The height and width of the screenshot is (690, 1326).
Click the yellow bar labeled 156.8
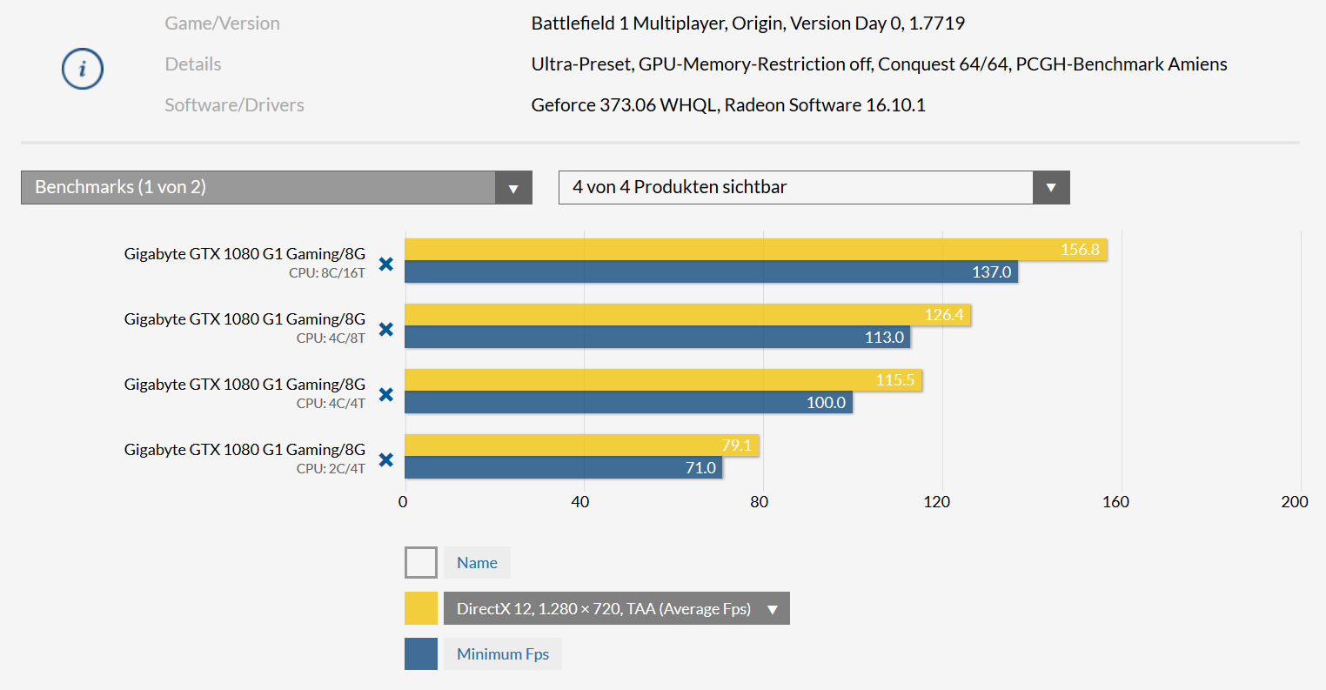tap(755, 250)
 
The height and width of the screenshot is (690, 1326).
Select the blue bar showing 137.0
tap(711, 271)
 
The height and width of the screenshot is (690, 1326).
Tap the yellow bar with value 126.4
tap(687, 315)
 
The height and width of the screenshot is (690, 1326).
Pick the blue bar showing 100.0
tap(628, 402)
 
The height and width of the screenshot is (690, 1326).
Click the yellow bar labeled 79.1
tap(581, 445)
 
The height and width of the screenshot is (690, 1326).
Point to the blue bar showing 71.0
tap(563, 467)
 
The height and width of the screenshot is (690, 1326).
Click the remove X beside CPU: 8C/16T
tap(386, 264)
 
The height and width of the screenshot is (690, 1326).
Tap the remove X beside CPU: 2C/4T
tap(386, 459)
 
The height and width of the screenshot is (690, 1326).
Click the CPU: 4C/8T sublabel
tap(331, 338)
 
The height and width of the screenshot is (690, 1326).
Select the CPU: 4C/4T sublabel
tap(331, 403)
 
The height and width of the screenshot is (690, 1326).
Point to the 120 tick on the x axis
tap(936, 501)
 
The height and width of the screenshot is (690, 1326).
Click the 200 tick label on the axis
tap(1294, 501)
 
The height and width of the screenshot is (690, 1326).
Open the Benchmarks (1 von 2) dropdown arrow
tap(513, 188)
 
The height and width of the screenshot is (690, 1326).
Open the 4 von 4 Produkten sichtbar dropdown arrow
tap(1051, 188)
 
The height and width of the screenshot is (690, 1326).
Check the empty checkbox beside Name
tap(421, 563)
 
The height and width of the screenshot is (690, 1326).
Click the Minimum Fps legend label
tap(503, 654)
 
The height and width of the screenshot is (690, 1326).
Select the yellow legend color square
tap(421, 608)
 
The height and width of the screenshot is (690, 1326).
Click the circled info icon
tap(83, 69)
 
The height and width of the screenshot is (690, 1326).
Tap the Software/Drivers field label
tap(235, 105)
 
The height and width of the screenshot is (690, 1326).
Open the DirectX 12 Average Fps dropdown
tap(616, 608)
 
